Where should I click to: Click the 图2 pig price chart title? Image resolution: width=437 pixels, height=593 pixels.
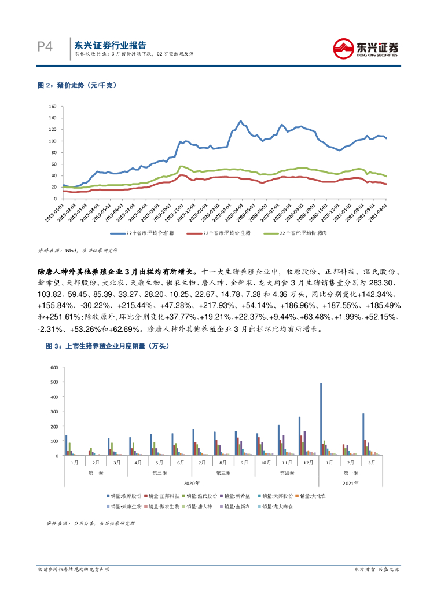pyautogui.click(x=77, y=85)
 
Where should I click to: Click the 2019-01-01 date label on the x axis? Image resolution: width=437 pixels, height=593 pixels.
pyautogui.click(x=58, y=210)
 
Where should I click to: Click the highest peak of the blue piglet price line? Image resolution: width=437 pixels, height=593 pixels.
pyautogui.click(x=241, y=121)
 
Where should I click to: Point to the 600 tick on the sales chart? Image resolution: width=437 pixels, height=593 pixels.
pyautogui.click(x=55, y=367)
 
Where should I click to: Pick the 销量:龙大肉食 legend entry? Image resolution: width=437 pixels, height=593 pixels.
pyautogui.click(x=280, y=506)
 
